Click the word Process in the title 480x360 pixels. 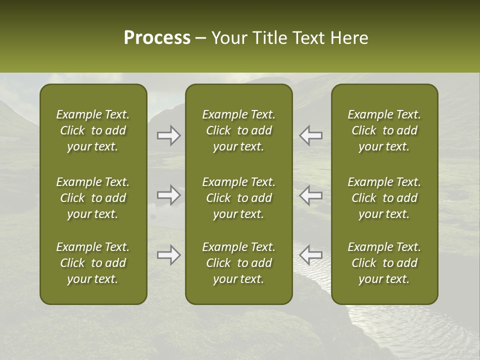(x=157, y=38)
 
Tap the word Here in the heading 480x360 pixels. (x=349, y=38)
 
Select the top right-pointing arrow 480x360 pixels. (x=169, y=135)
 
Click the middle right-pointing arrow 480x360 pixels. (x=169, y=195)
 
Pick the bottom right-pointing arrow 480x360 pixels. (x=169, y=255)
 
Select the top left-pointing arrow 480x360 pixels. (x=311, y=135)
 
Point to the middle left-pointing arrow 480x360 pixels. (x=311, y=195)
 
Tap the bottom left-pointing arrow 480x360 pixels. (x=311, y=255)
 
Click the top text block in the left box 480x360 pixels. (x=93, y=130)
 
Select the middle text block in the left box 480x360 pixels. (x=93, y=198)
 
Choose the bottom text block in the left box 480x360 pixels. (x=93, y=263)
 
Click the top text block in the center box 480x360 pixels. (x=238, y=130)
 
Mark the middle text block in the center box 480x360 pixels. (x=238, y=198)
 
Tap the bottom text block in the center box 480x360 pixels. (x=238, y=263)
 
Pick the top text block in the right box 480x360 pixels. (x=384, y=130)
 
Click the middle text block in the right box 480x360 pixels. (x=384, y=198)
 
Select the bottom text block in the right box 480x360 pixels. (x=384, y=263)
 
